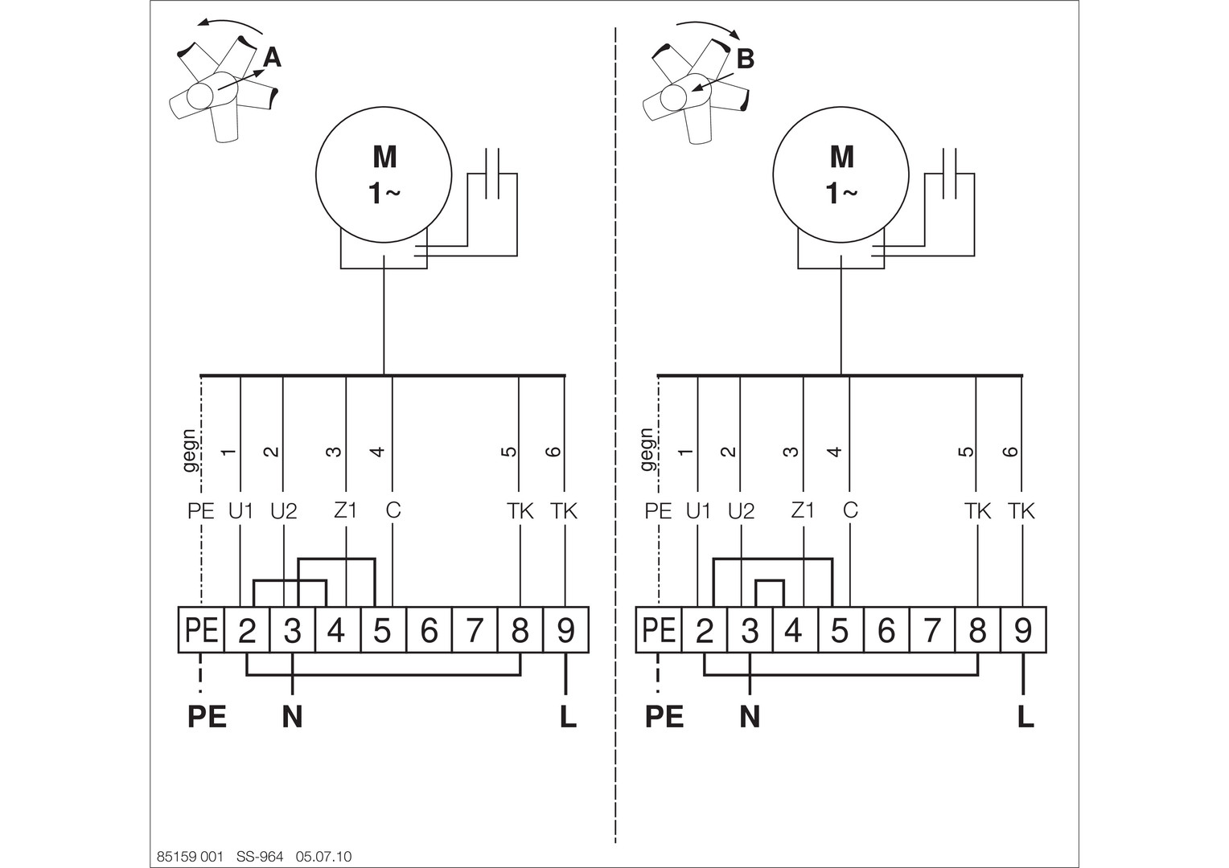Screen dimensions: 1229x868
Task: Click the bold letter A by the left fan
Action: (x=272, y=58)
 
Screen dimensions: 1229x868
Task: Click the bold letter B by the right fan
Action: (x=745, y=59)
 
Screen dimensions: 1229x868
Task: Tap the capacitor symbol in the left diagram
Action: (x=492, y=174)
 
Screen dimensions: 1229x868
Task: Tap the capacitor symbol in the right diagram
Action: (x=949, y=174)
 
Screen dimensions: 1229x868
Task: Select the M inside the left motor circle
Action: (x=384, y=158)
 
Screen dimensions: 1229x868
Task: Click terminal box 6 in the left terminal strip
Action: (x=429, y=630)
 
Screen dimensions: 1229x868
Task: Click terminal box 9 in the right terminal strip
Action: (x=1023, y=630)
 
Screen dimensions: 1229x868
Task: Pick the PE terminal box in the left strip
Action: (x=201, y=630)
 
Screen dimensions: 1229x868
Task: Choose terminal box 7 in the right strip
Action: (x=932, y=630)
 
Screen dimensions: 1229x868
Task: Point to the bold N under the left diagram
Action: (x=293, y=717)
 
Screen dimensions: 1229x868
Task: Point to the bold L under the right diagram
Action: (x=1026, y=717)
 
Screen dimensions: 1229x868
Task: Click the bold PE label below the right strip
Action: (x=664, y=717)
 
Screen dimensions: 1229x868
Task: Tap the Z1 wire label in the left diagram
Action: (x=346, y=510)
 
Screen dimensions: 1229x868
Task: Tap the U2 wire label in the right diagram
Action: (x=742, y=512)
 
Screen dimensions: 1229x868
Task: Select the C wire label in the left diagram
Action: (x=393, y=510)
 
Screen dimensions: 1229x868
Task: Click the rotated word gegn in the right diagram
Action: (x=647, y=449)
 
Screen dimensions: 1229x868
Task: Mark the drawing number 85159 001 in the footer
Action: (x=190, y=857)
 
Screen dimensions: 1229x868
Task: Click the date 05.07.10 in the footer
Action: (x=323, y=857)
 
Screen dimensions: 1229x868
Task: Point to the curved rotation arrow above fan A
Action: (x=230, y=22)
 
